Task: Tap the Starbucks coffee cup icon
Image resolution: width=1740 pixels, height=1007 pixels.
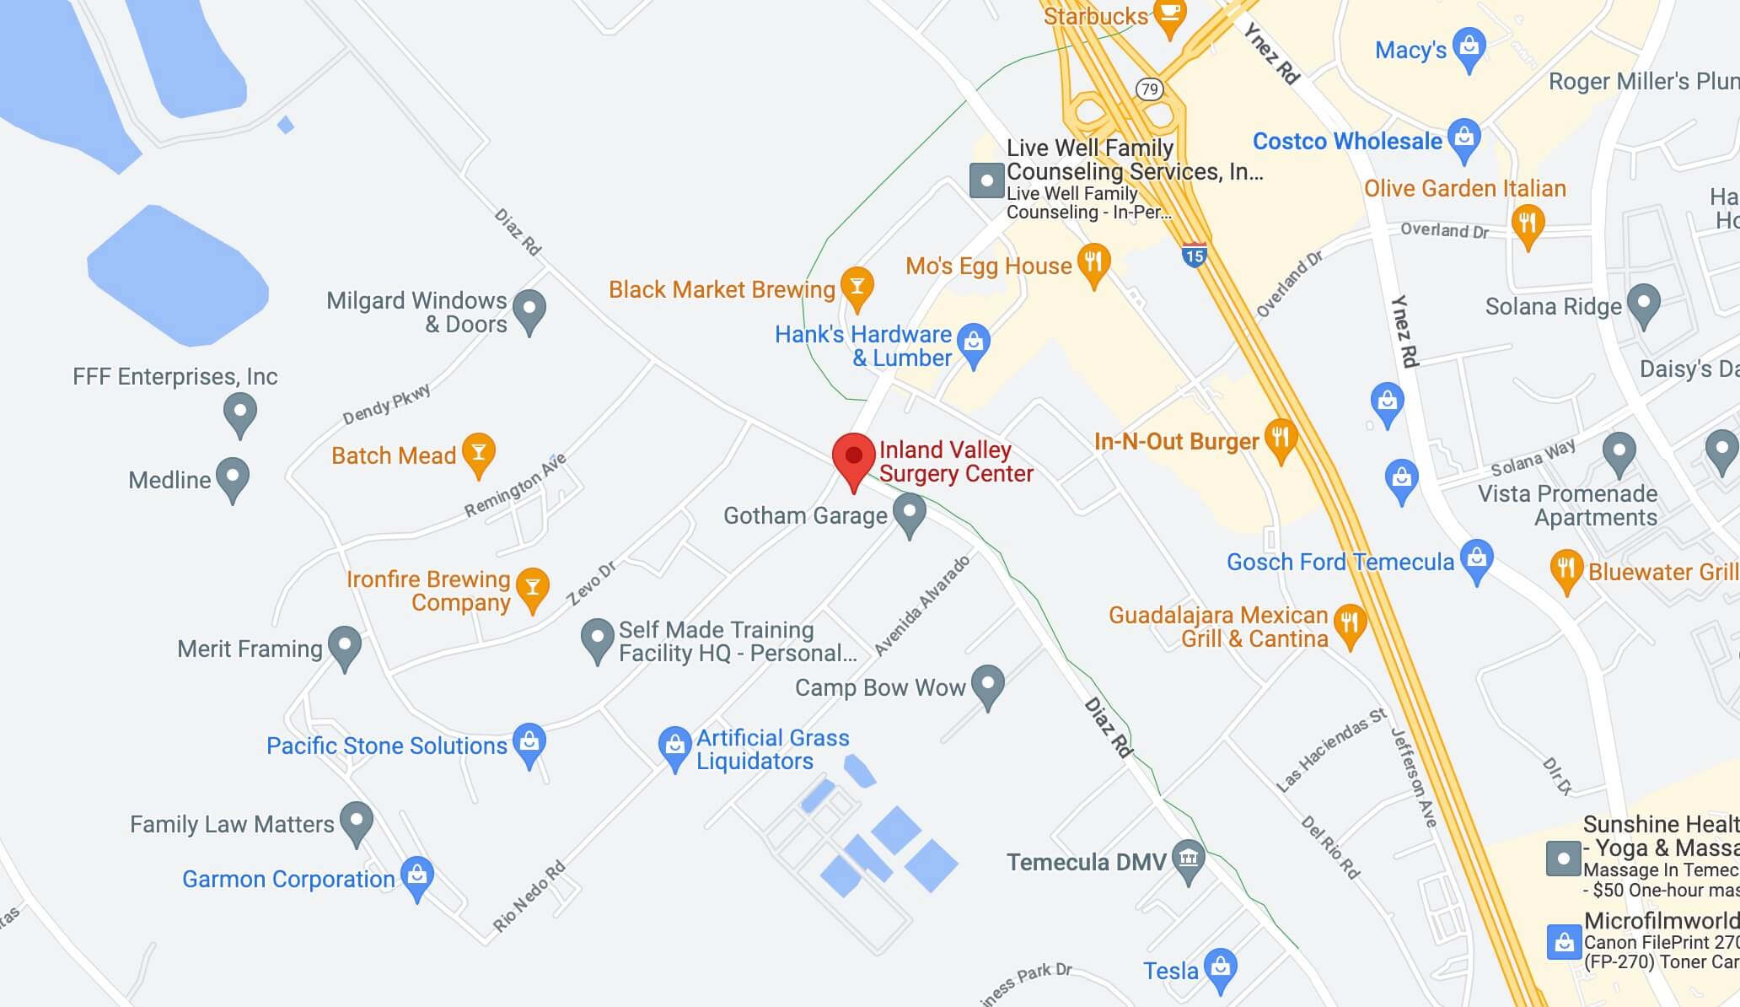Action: point(1169,15)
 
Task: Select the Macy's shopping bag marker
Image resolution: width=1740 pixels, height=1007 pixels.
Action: point(1469,47)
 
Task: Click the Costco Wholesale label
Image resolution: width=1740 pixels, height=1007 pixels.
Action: point(1347,141)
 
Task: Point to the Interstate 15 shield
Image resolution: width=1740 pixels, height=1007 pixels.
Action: point(1194,254)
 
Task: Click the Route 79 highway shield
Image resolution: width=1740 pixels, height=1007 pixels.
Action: point(1149,89)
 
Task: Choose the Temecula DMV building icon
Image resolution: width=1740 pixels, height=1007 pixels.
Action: point(1189,859)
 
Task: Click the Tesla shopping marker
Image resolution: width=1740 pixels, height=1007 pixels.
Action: point(1220,967)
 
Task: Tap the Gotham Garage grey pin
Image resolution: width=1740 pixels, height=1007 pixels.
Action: point(909,512)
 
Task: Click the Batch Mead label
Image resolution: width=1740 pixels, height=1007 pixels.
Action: point(393,455)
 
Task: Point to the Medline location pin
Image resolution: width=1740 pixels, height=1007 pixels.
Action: point(233,477)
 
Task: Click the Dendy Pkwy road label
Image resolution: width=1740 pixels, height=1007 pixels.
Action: point(386,404)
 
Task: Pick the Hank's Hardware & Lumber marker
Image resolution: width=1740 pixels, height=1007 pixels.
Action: point(974,342)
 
